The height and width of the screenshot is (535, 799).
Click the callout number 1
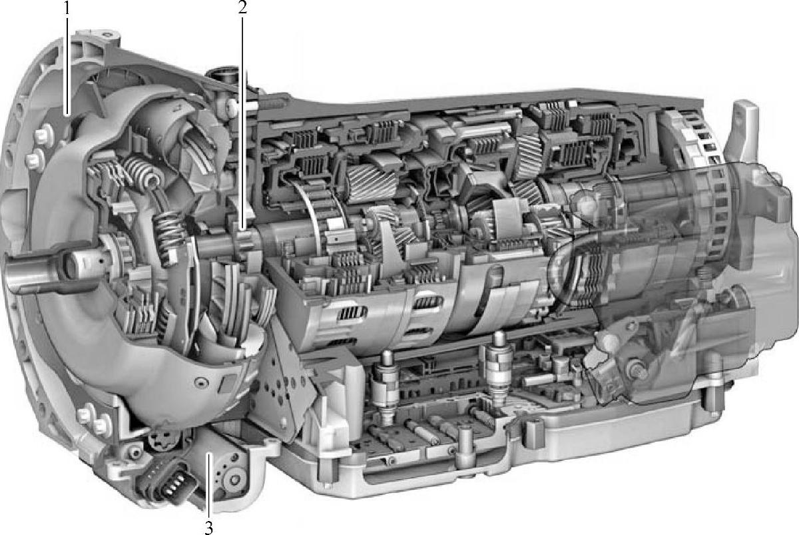[x=67, y=8]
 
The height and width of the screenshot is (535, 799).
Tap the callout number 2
[x=242, y=8]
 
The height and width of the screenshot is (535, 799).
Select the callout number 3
[x=209, y=528]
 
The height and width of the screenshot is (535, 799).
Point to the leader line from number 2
[x=242, y=123]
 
